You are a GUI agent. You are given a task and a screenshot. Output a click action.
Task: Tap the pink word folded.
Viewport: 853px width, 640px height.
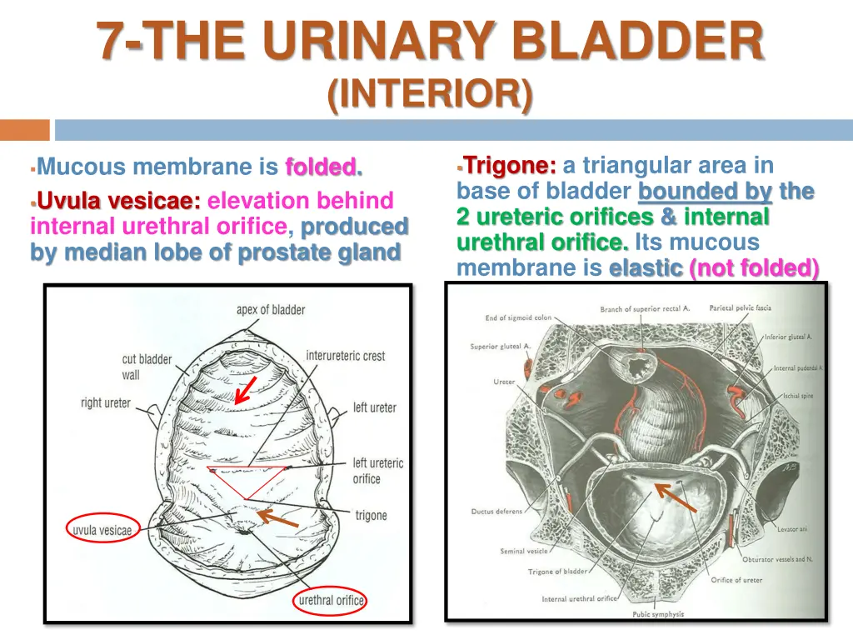[x=324, y=167]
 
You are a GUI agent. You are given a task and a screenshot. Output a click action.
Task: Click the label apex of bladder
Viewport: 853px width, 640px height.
[x=271, y=310]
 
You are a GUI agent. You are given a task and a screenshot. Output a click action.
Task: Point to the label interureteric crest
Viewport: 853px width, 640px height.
[x=345, y=356]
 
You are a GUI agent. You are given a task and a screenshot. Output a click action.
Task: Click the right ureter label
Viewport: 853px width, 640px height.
[x=106, y=402]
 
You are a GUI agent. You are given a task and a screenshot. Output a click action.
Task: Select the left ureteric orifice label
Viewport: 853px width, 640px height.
[x=377, y=471]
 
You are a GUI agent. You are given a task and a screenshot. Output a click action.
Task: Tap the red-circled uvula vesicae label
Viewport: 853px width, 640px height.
[x=101, y=530]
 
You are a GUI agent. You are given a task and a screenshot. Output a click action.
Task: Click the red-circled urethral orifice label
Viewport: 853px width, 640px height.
[x=332, y=600]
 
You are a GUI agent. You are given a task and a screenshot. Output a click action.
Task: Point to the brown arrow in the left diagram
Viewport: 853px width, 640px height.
[x=277, y=518]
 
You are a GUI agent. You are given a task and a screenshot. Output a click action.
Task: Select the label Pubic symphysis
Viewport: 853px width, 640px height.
[x=658, y=614]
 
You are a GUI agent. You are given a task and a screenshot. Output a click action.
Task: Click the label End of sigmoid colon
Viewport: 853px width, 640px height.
[x=518, y=317]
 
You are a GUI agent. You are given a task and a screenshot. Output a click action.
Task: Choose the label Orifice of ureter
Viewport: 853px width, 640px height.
[x=736, y=580]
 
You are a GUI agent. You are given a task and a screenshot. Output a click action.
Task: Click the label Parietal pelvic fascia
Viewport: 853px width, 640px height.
[x=740, y=308]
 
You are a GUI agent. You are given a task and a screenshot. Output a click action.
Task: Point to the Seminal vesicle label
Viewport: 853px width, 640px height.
[x=524, y=551]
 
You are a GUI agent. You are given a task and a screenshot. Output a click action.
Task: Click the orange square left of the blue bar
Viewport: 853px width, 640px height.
[x=25, y=130]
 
